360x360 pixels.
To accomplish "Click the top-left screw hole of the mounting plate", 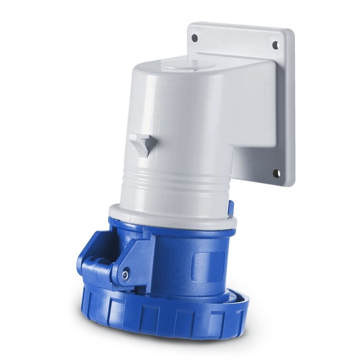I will click(194, 38).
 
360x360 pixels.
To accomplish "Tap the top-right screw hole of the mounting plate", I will click(275, 44).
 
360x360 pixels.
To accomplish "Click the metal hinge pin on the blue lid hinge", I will click(126, 272).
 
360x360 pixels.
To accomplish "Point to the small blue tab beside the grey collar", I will click(231, 207).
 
